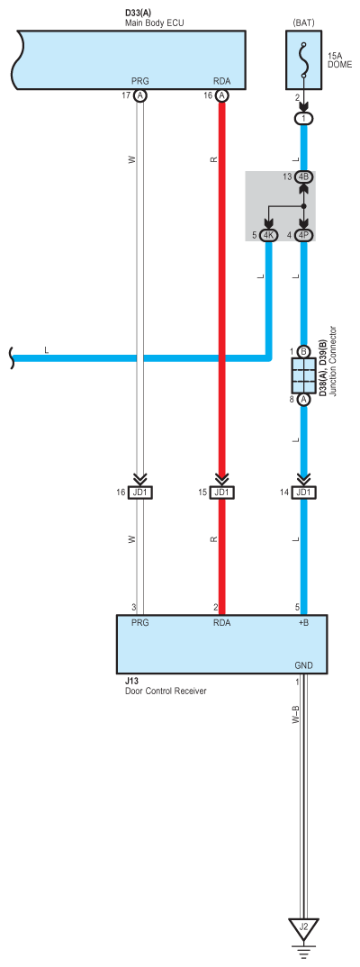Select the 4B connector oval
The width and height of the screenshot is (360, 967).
tap(303, 177)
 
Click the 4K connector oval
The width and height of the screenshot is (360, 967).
tap(267, 235)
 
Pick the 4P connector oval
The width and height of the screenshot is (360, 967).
tap(303, 235)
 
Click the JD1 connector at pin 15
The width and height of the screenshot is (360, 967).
tap(221, 493)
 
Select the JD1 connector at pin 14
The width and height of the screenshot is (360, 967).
tap(303, 493)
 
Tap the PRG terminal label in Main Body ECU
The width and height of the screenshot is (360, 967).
tap(140, 80)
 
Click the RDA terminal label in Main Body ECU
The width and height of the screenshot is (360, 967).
tap(221, 80)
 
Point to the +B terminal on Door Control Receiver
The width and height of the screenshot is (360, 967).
tap(303, 622)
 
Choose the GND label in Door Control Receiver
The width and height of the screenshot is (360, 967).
tap(304, 667)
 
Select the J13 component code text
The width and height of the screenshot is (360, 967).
tap(131, 682)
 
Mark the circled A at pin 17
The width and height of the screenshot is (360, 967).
tap(140, 95)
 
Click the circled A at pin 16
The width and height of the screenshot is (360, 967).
tap(221, 95)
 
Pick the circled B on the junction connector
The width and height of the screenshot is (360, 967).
tap(303, 351)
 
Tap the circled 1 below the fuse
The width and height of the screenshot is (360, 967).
tap(303, 118)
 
